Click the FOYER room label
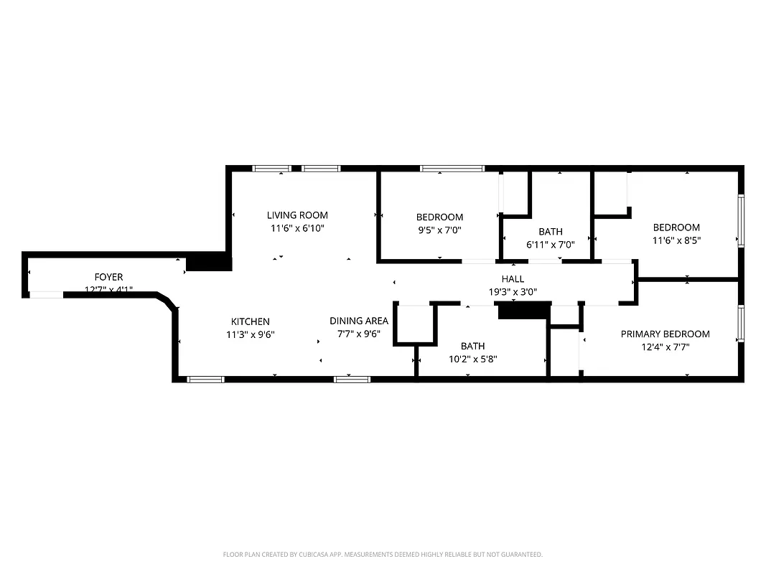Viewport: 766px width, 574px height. (108, 277)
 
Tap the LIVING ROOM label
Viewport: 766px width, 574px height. (297, 215)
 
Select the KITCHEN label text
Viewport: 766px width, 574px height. (250, 321)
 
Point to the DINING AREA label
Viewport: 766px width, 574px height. (359, 321)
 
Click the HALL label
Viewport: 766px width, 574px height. (513, 279)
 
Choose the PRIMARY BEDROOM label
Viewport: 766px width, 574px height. (665, 334)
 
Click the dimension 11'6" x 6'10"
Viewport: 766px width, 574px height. (297, 228)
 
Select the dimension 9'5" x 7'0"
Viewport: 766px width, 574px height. (439, 230)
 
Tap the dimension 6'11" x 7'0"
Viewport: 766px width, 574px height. (551, 245)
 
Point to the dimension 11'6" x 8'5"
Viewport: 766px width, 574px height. (676, 241)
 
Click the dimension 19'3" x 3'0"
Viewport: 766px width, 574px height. (513, 292)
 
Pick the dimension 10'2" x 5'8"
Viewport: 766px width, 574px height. (472, 359)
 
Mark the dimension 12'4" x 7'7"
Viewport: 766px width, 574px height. (665, 347)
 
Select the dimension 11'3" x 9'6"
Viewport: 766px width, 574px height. (250, 334)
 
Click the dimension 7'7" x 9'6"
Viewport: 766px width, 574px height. (359, 334)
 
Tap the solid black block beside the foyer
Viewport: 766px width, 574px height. (209, 262)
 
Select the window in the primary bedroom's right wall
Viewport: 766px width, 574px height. (741, 324)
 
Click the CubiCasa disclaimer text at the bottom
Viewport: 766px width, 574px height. (383, 555)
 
